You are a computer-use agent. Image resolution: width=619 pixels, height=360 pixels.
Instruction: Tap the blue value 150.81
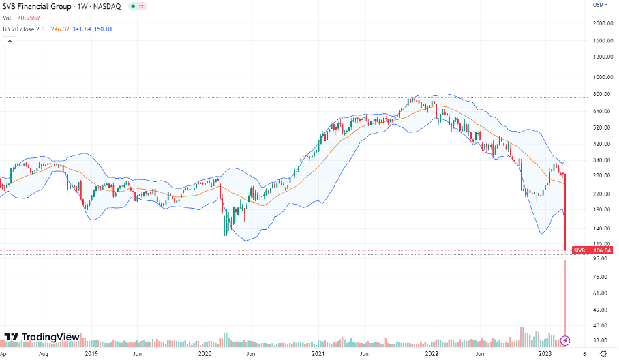click(x=102, y=29)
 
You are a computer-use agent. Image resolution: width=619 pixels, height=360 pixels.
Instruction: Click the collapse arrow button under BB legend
click(x=10, y=41)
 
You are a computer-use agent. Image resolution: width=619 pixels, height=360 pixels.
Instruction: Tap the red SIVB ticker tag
click(x=579, y=250)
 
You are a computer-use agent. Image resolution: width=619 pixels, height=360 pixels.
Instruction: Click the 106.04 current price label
click(x=601, y=250)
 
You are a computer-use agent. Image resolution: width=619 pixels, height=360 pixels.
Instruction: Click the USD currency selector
click(x=599, y=5)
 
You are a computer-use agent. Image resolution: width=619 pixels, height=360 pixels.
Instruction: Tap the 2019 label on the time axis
click(x=91, y=354)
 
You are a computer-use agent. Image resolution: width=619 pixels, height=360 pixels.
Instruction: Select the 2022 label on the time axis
click(x=431, y=354)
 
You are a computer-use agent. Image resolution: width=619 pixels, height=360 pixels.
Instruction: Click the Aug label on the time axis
click(x=43, y=354)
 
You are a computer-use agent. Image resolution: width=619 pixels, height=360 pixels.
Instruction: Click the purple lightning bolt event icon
click(x=564, y=340)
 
